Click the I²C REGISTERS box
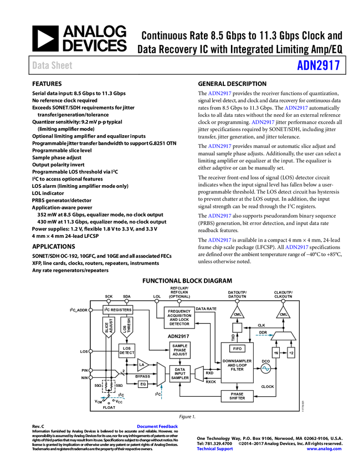(x=118, y=310)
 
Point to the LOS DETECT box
(x=127, y=350)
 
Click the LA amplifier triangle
(x=142, y=365)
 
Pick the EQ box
(x=143, y=383)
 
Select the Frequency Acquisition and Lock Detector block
(x=179, y=318)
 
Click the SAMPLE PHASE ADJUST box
(x=180, y=350)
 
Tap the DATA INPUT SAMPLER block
(x=180, y=374)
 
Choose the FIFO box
(x=237, y=349)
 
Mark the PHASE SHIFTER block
(x=237, y=396)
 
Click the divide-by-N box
(x=276, y=352)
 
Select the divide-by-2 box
(x=291, y=352)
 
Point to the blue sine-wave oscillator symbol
(x=265, y=368)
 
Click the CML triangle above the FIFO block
(x=237, y=313)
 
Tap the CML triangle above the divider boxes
(x=284, y=313)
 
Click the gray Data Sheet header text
(x=53, y=65)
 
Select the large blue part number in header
(x=318, y=65)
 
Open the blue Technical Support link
(x=215, y=449)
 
